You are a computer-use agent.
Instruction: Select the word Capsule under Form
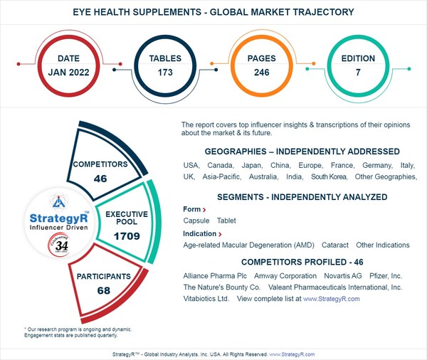click(x=197, y=221)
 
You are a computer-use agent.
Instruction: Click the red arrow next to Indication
click(x=220, y=234)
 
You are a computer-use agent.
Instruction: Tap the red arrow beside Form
click(x=205, y=211)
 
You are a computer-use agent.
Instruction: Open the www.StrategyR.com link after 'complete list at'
click(x=332, y=300)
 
